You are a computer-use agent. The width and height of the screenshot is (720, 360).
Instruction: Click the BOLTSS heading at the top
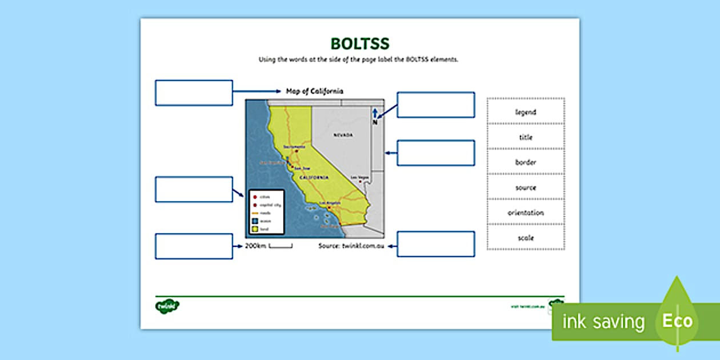360,45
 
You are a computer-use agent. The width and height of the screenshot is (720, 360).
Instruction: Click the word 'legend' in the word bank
525,112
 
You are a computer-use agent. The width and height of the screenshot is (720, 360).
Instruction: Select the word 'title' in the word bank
525,137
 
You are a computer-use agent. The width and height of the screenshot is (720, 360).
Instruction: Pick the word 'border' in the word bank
525,162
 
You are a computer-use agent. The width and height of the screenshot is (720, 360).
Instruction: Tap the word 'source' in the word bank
525,187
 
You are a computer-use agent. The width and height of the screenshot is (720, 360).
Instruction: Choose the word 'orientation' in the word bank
525,213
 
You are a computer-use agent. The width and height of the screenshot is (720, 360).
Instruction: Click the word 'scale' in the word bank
525,238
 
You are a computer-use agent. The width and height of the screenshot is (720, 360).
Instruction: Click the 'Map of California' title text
314,91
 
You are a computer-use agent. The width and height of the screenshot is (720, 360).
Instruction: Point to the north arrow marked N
375,115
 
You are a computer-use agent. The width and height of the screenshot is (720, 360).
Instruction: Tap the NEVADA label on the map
343,135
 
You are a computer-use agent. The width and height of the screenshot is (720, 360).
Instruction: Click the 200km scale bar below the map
280,246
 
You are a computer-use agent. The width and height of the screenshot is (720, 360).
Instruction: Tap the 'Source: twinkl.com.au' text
351,246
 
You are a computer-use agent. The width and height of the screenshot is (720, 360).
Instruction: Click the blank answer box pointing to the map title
194,93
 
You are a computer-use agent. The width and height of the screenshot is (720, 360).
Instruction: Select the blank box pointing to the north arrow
435,105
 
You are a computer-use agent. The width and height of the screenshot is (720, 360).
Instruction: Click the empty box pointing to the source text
435,244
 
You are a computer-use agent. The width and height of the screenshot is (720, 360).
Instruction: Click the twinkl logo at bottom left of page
167,306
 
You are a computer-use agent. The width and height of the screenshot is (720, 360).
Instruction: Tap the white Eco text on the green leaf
677,321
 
